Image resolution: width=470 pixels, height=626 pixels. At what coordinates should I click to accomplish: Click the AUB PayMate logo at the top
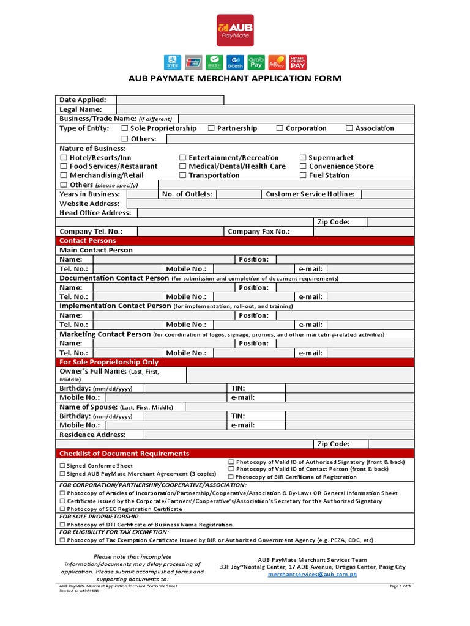[x=235, y=31]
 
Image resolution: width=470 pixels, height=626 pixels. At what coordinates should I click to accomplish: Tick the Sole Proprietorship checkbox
[x=124, y=128]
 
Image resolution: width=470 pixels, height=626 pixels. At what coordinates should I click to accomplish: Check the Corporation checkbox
[x=280, y=128]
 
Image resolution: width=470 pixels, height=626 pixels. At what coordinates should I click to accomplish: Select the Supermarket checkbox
[x=303, y=158]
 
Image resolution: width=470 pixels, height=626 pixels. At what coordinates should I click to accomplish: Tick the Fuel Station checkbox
[x=303, y=175]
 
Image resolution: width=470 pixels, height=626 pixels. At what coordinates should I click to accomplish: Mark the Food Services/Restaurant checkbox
[x=63, y=166]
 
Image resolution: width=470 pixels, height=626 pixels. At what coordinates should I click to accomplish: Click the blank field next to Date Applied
[x=170, y=100]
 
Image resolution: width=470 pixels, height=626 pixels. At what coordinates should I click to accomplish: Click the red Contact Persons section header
[x=234, y=241]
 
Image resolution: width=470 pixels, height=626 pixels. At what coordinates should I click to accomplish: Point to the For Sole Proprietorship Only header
[x=234, y=362]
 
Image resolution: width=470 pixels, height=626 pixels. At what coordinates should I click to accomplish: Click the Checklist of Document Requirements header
[x=234, y=454]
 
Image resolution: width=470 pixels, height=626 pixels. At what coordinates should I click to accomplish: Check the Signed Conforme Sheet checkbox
[x=62, y=466]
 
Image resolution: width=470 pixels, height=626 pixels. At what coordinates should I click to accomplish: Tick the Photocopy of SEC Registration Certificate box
[x=62, y=509]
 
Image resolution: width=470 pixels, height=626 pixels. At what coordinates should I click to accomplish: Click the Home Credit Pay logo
[x=298, y=62]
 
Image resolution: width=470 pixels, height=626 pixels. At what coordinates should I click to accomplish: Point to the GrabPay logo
[x=256, y=62]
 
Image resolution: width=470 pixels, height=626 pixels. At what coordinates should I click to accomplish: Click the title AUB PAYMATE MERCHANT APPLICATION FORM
[x=234, y=79]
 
